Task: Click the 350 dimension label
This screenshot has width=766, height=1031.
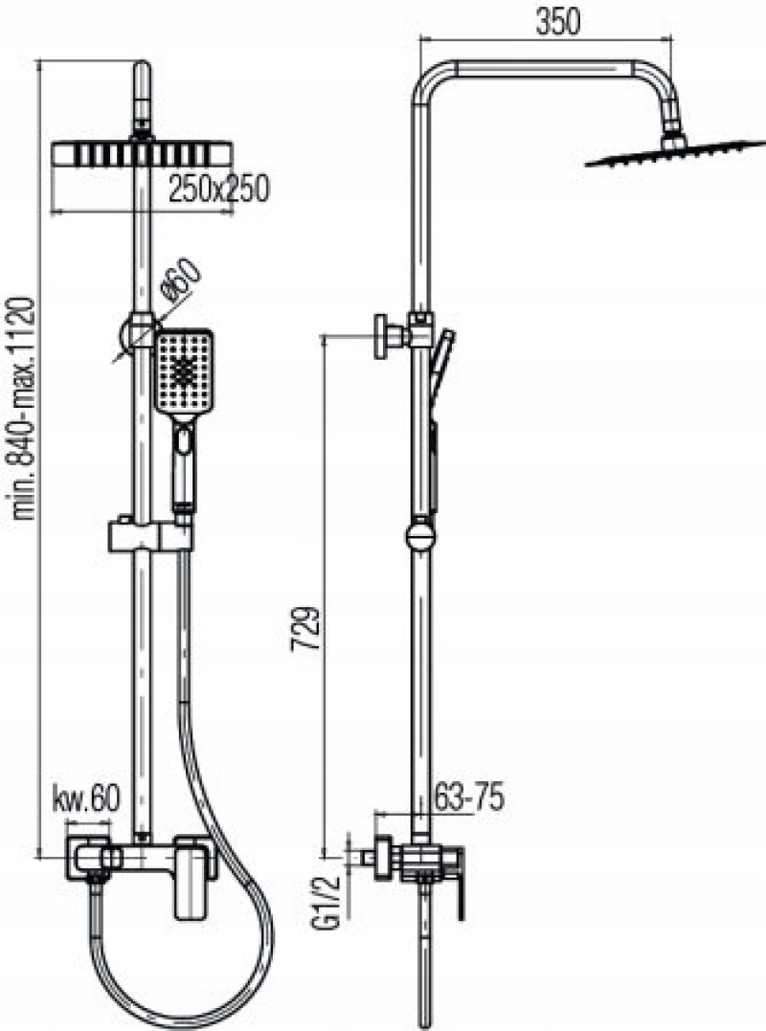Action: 558,22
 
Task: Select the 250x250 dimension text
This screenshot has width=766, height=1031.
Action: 218,190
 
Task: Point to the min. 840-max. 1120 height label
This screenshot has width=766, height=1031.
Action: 24,408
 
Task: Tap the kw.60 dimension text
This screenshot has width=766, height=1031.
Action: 86,799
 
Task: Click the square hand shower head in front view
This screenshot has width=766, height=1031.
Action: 184,372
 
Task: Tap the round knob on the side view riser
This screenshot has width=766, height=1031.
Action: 419,534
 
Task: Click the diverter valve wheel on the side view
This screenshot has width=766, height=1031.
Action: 382,337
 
